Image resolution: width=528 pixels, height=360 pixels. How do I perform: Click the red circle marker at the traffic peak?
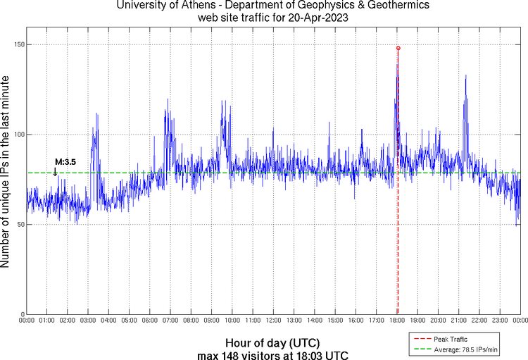coord(398,48)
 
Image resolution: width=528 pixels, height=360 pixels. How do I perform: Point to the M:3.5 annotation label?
coord(65,162)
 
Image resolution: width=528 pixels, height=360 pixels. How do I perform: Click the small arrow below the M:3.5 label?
coord(55,171)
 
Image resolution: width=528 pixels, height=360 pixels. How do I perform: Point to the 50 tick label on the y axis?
coord(18,224)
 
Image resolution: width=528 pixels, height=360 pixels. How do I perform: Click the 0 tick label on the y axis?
coord(20,314)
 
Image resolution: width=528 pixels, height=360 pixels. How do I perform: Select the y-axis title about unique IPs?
coord(6,173)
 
